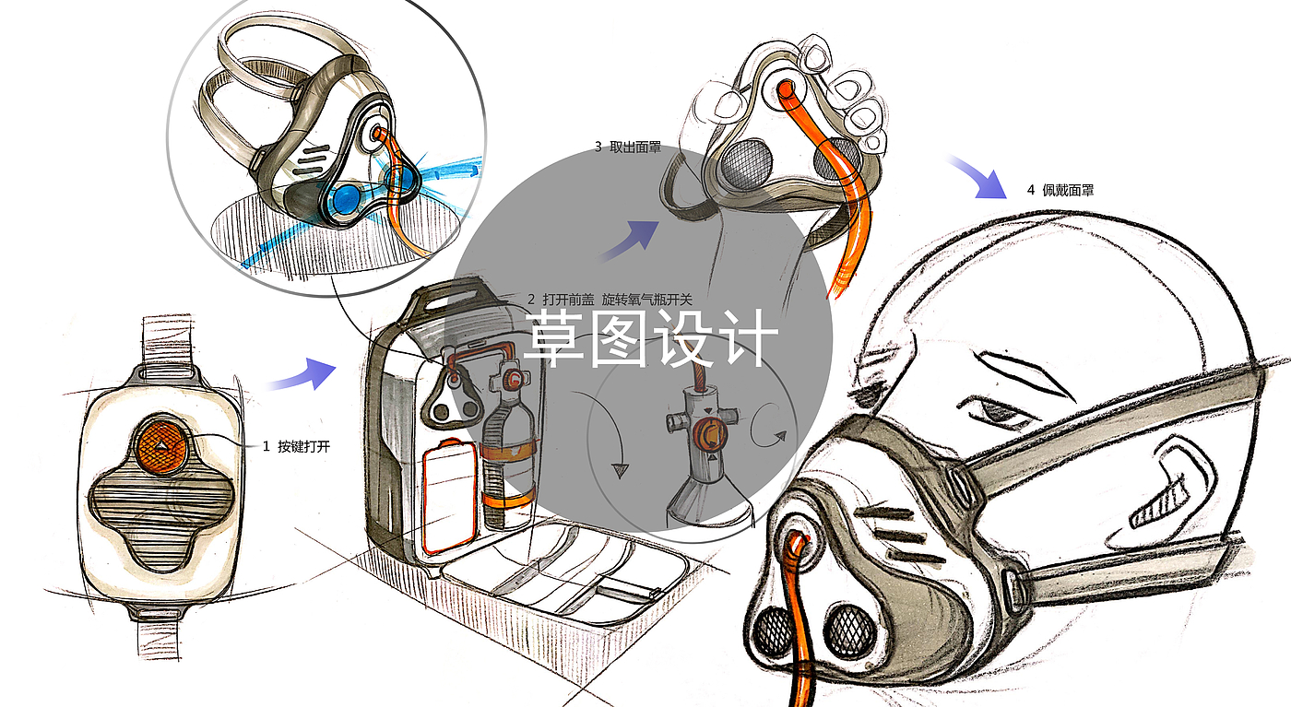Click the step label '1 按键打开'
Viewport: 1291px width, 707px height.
pos(296,447)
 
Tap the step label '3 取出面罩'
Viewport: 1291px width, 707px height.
pos(627,147)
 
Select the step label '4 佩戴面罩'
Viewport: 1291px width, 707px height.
pos(1060,191)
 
